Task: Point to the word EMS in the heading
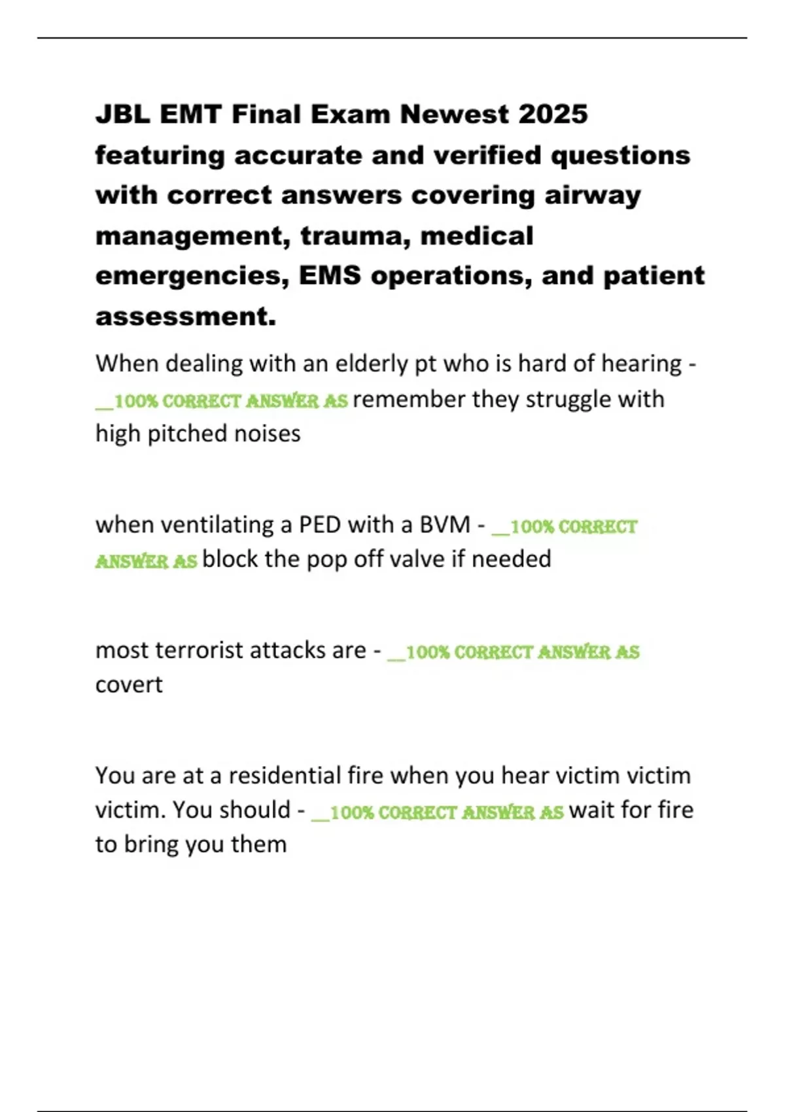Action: click(x=330, y=276)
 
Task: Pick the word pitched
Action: click(x=184, y=434)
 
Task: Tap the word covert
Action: click(x=129, y=685)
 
